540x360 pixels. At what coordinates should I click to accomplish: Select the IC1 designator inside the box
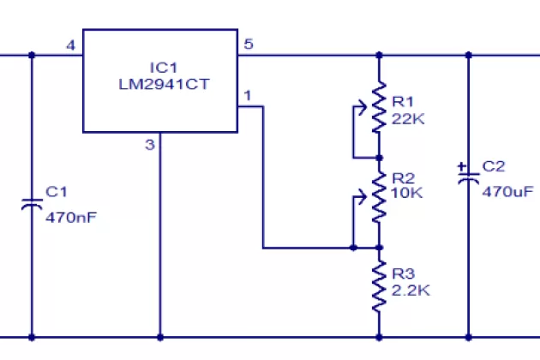tap(159, 68)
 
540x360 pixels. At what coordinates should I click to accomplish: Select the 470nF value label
tap(70, 217)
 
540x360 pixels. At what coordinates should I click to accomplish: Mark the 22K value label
tap(408, 119)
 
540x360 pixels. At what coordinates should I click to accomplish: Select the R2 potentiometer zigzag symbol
tap(378, 201)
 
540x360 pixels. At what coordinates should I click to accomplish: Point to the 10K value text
tap(408, 193)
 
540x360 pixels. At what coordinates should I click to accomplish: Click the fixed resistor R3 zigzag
tap(378, 287)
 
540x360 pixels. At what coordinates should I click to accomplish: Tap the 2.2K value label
tap(411, 291)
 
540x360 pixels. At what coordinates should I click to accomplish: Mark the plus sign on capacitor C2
tap(462, 166)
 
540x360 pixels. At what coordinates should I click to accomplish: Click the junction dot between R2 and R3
tap(378, 248)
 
